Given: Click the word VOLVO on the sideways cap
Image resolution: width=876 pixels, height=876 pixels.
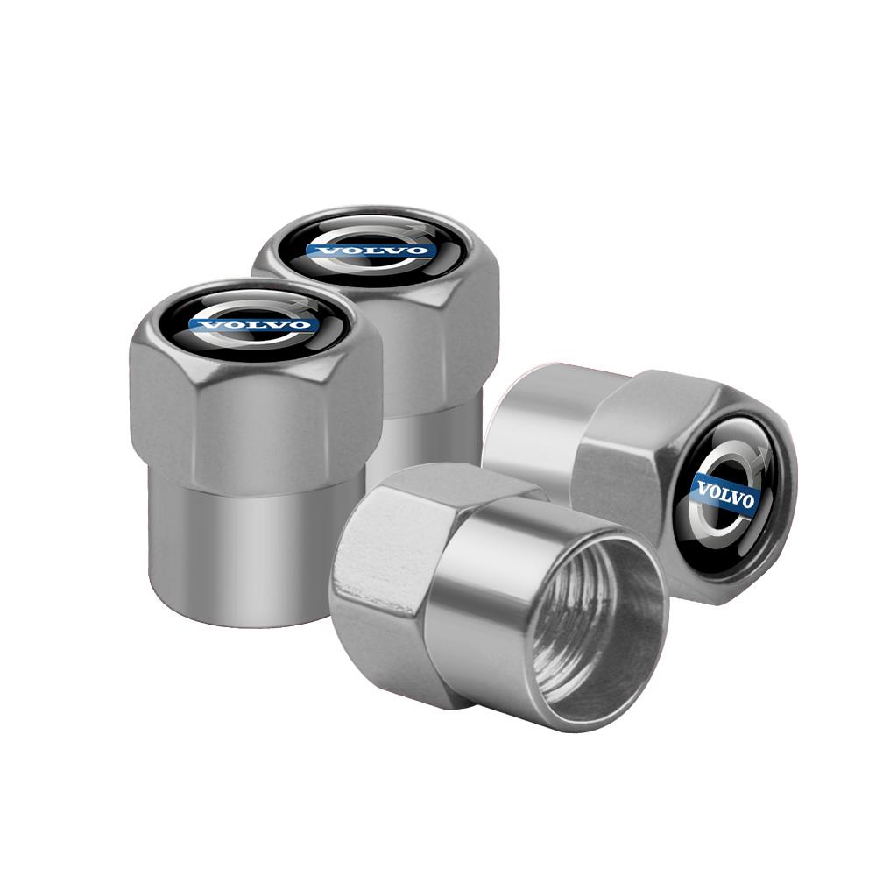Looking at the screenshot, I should click(725, 495).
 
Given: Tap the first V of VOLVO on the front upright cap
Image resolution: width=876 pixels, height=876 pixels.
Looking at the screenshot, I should click(206, 326).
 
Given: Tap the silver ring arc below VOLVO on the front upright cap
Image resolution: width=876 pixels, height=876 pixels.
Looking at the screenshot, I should click(254, 345).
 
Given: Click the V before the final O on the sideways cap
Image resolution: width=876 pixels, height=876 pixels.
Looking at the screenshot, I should click(736, 498).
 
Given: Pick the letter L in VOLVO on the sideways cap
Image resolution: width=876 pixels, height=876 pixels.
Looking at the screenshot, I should click(724, 495).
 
